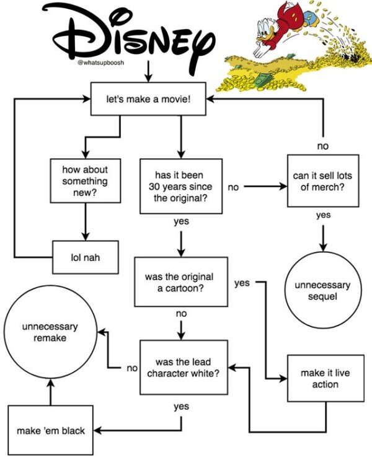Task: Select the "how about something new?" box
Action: (x=84, y=181)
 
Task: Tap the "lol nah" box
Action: (x=84, y=257)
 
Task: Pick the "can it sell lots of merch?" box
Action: (x=323, y=180)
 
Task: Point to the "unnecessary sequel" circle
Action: (x=322, y=290)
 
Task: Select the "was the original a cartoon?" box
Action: (x=180, y=282)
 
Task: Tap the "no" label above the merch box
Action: (x=323, y=146)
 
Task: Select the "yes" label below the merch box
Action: (x=323, y=215)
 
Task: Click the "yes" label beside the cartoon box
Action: (x=242, y=283)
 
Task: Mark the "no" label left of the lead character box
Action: (x=131, y=368)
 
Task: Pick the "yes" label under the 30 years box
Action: (x=181, y=221)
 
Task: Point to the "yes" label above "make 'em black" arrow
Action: (x=181, y=406)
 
